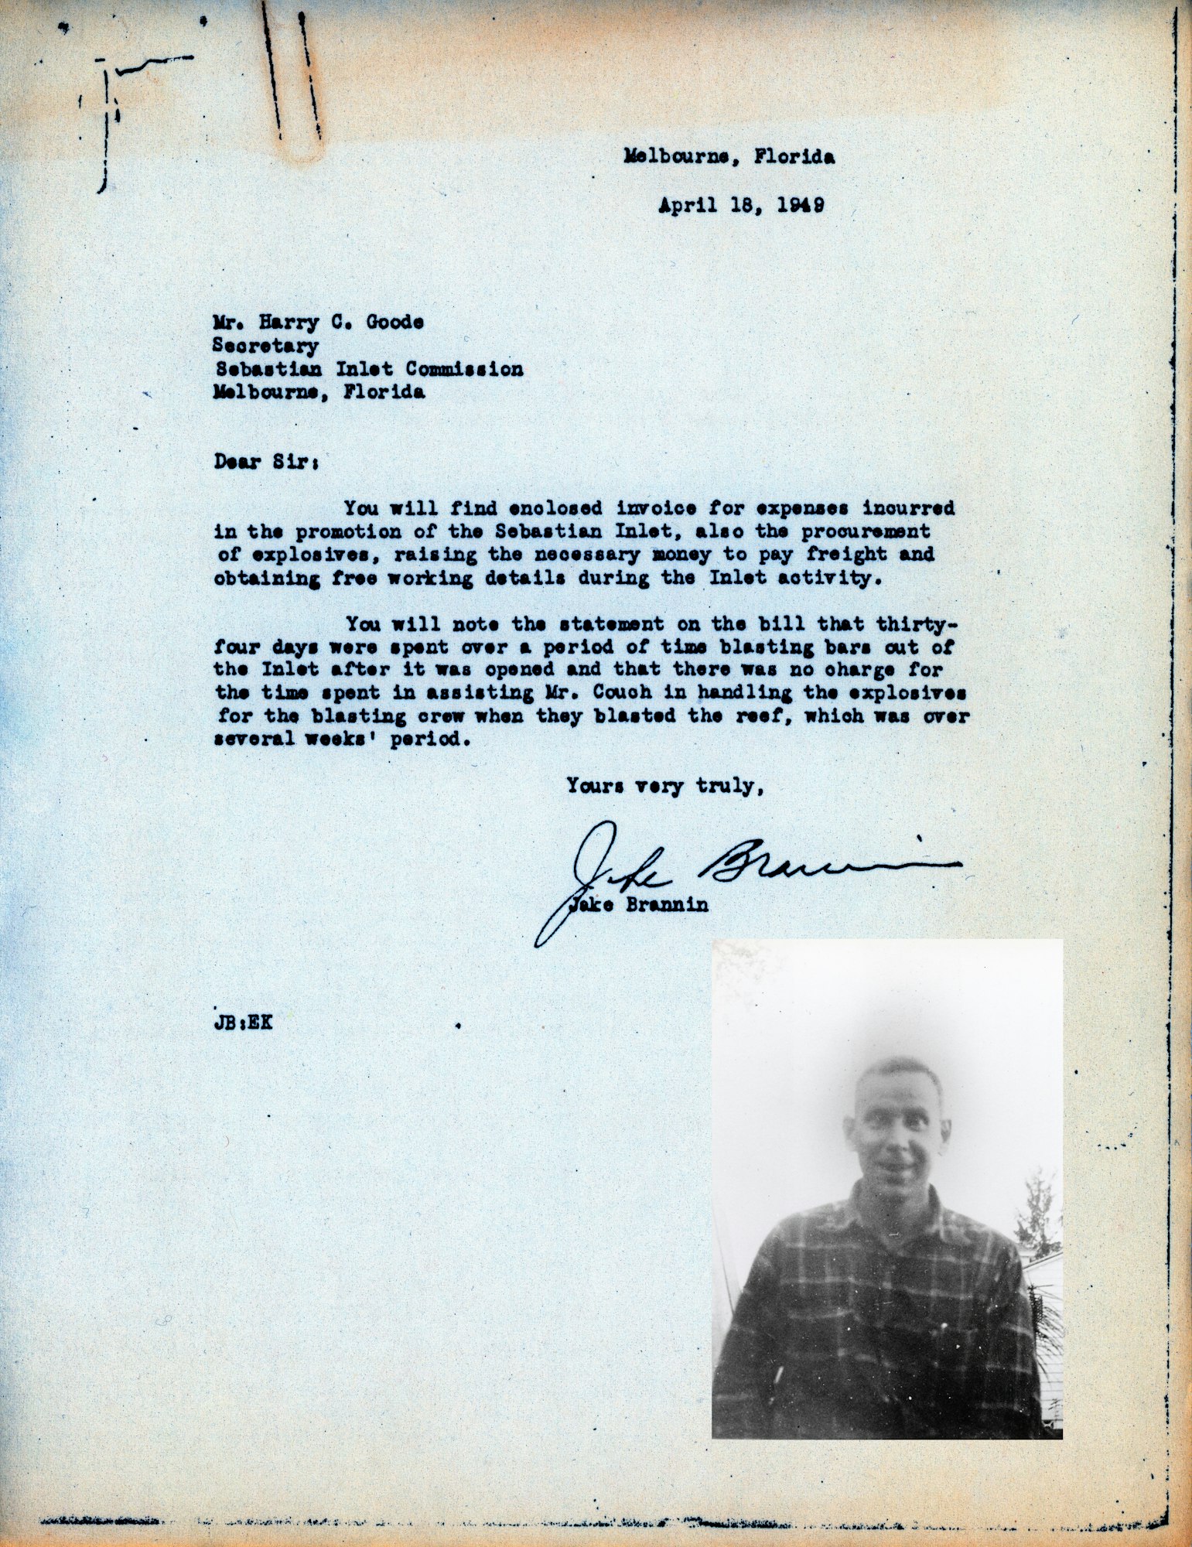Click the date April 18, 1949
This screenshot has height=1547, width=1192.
click(740, 206)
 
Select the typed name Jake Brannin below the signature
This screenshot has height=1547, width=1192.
click(639, 905)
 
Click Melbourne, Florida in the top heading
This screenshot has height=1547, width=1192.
click(729, 158)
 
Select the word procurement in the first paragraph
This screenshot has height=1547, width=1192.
click(845, 531)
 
